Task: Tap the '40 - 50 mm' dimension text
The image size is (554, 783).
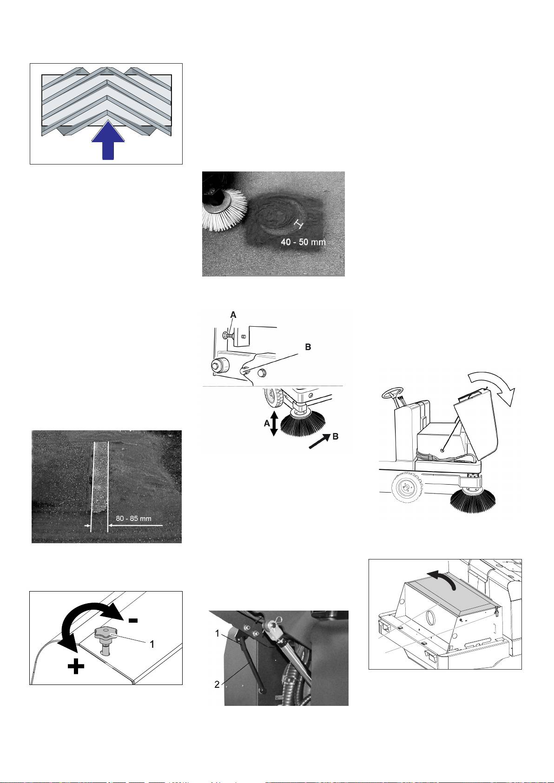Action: coord(303,242)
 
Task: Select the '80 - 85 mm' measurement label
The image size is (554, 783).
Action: coord(133,518)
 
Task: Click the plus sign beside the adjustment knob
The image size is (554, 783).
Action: coord(76,667)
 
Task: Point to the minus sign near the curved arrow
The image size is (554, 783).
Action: coord(133,620)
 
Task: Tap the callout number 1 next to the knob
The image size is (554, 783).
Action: coord(152,644)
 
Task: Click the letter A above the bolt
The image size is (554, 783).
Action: coord(233,315)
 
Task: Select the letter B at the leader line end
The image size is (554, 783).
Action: coord(308,347)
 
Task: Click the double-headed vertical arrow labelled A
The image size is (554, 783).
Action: coord(274,423)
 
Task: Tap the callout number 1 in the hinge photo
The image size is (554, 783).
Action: coord(217,633)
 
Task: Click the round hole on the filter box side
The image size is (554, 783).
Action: coord(432,620)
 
